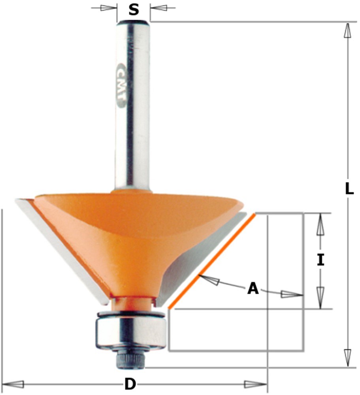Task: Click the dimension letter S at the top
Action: [134, 10]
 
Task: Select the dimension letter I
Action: [320, 260]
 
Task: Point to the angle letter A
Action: [253, 289]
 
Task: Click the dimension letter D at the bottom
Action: [130, 384]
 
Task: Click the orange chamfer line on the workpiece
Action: [212, 261]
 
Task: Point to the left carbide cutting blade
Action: [62, 251]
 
